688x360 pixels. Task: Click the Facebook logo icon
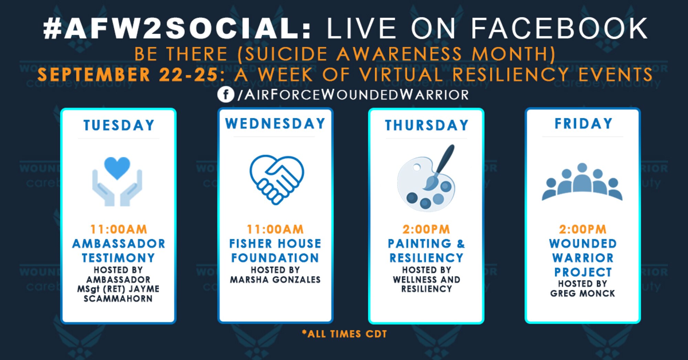pos(226,94)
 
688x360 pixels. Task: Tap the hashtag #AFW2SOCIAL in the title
pos(178,29)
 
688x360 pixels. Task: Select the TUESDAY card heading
pos(119,125)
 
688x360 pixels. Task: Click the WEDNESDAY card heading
pos(275,123)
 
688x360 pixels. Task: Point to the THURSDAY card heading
pos(427,125)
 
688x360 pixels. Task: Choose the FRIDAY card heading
pos(583,123)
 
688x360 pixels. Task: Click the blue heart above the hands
pos(117,168)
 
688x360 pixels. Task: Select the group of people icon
pos(582,182)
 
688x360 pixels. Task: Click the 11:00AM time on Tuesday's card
pos(119,229)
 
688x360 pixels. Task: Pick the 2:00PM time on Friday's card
pos(582,229)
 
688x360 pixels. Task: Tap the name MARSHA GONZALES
pos(275,280)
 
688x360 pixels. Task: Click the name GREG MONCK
pos(582,294)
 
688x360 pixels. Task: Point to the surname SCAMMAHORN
pos(118,298)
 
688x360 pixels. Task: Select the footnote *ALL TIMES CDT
pos(344,334)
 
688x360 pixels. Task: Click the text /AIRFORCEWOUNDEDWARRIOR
pos(353,95)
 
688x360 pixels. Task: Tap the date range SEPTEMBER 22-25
pos(128,75)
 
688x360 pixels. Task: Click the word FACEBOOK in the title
pos(559,29)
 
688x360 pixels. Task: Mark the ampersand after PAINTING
pos(461,244)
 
